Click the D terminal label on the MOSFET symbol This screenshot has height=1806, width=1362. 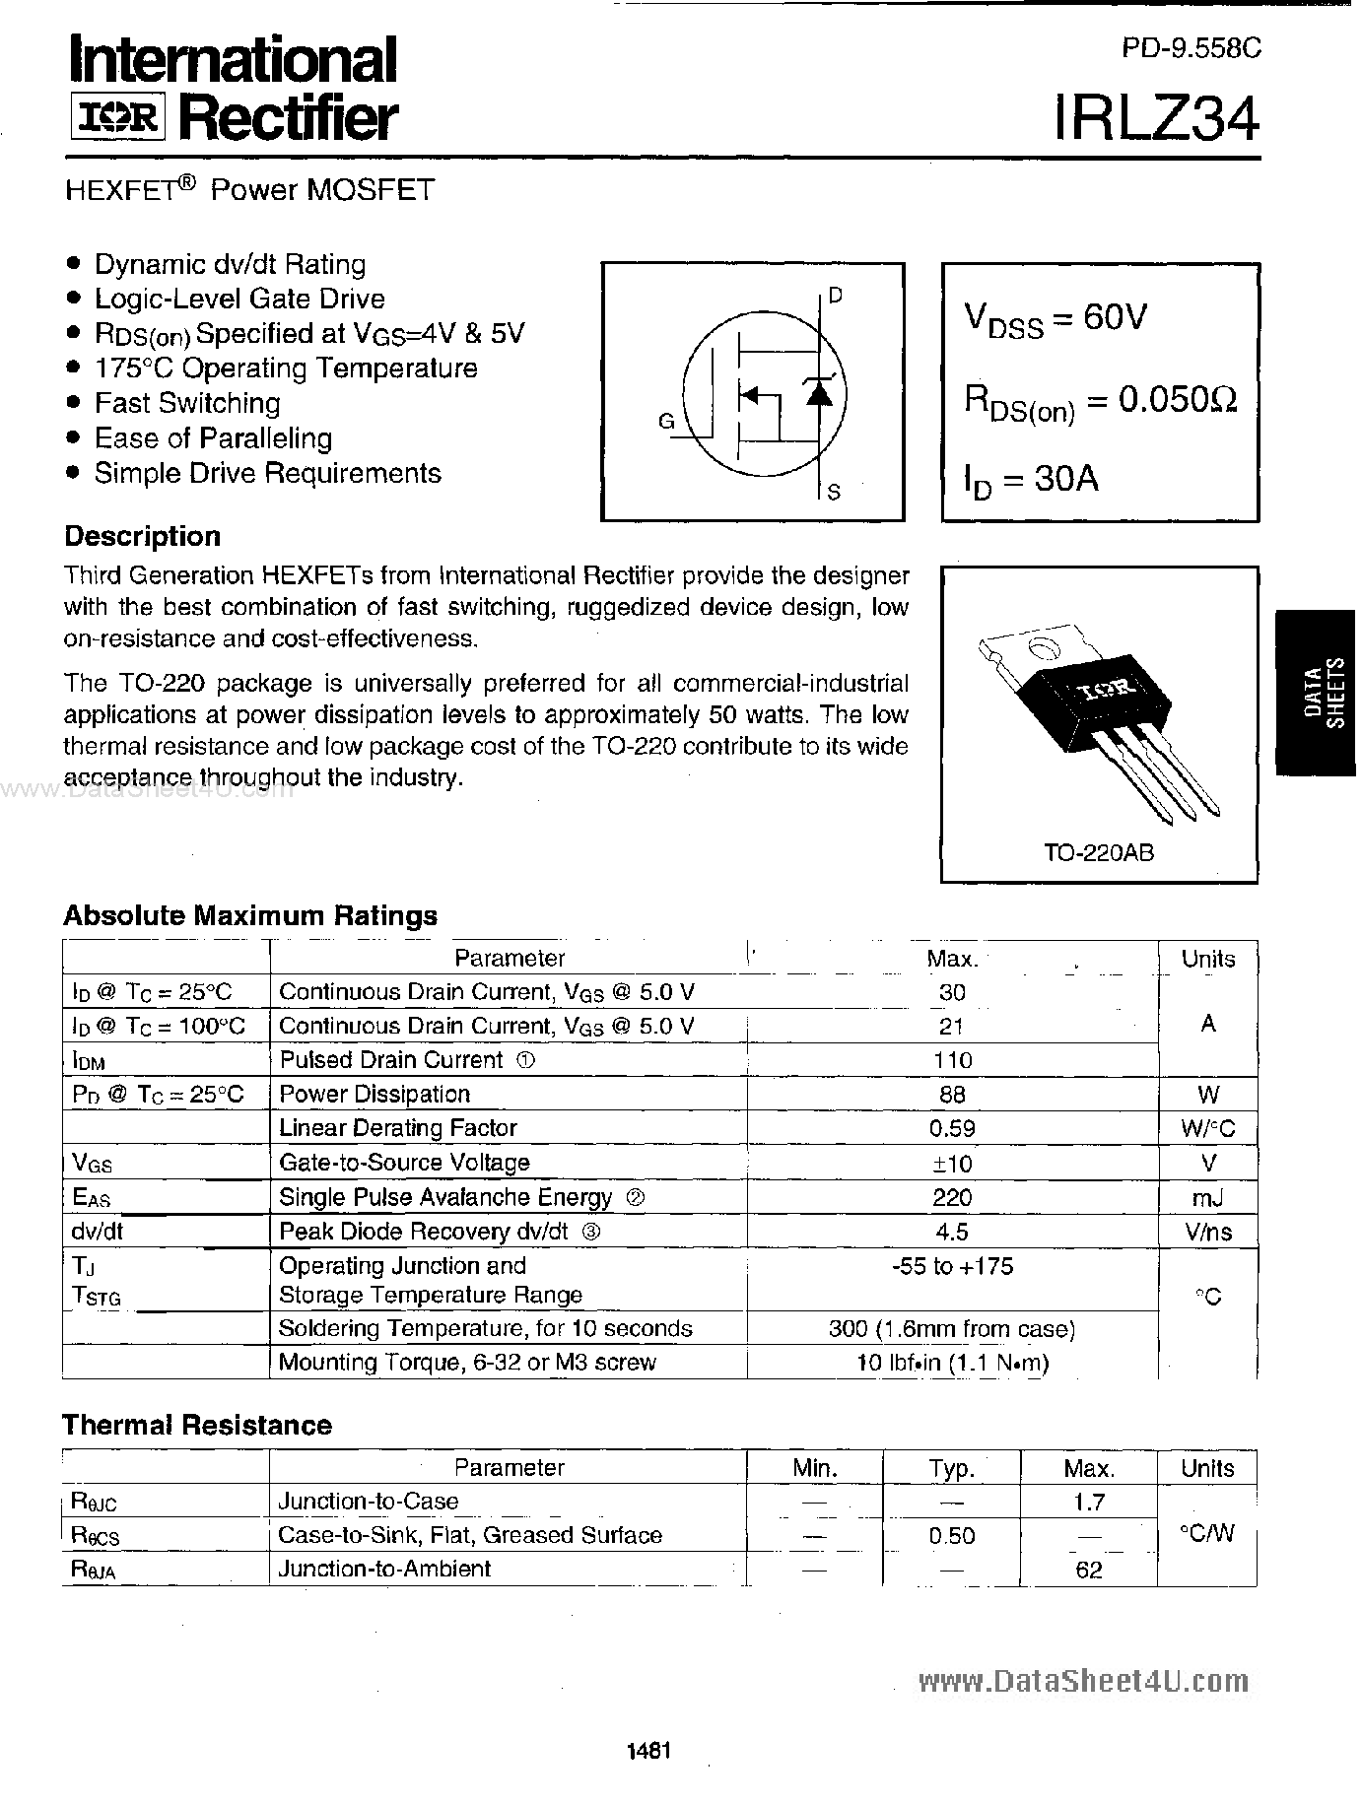pos(835,295)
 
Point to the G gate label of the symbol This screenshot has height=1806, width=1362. pos(666,422)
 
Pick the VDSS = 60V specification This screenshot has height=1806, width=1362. pos(1055,318)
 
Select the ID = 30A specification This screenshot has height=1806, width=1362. pos(1031,480)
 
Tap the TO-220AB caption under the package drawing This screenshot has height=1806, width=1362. pos(1099,853)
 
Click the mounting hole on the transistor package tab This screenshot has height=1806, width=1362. pos(1038,647)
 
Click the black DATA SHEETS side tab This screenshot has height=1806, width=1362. pos(1322,692)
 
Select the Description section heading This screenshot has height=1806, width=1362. pos(142,537)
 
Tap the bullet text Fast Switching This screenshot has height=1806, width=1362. pos(187,403)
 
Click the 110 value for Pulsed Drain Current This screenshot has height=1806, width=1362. pos(952,1060)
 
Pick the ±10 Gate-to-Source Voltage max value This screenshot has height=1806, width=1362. pos(952,1164)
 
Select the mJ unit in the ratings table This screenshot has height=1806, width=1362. pos(1207,1198)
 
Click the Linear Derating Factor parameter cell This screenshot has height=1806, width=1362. pos(398,1128)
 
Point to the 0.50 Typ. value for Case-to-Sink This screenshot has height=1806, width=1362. pos(951,1536)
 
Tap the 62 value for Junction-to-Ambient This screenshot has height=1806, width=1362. pos(1088,1570)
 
